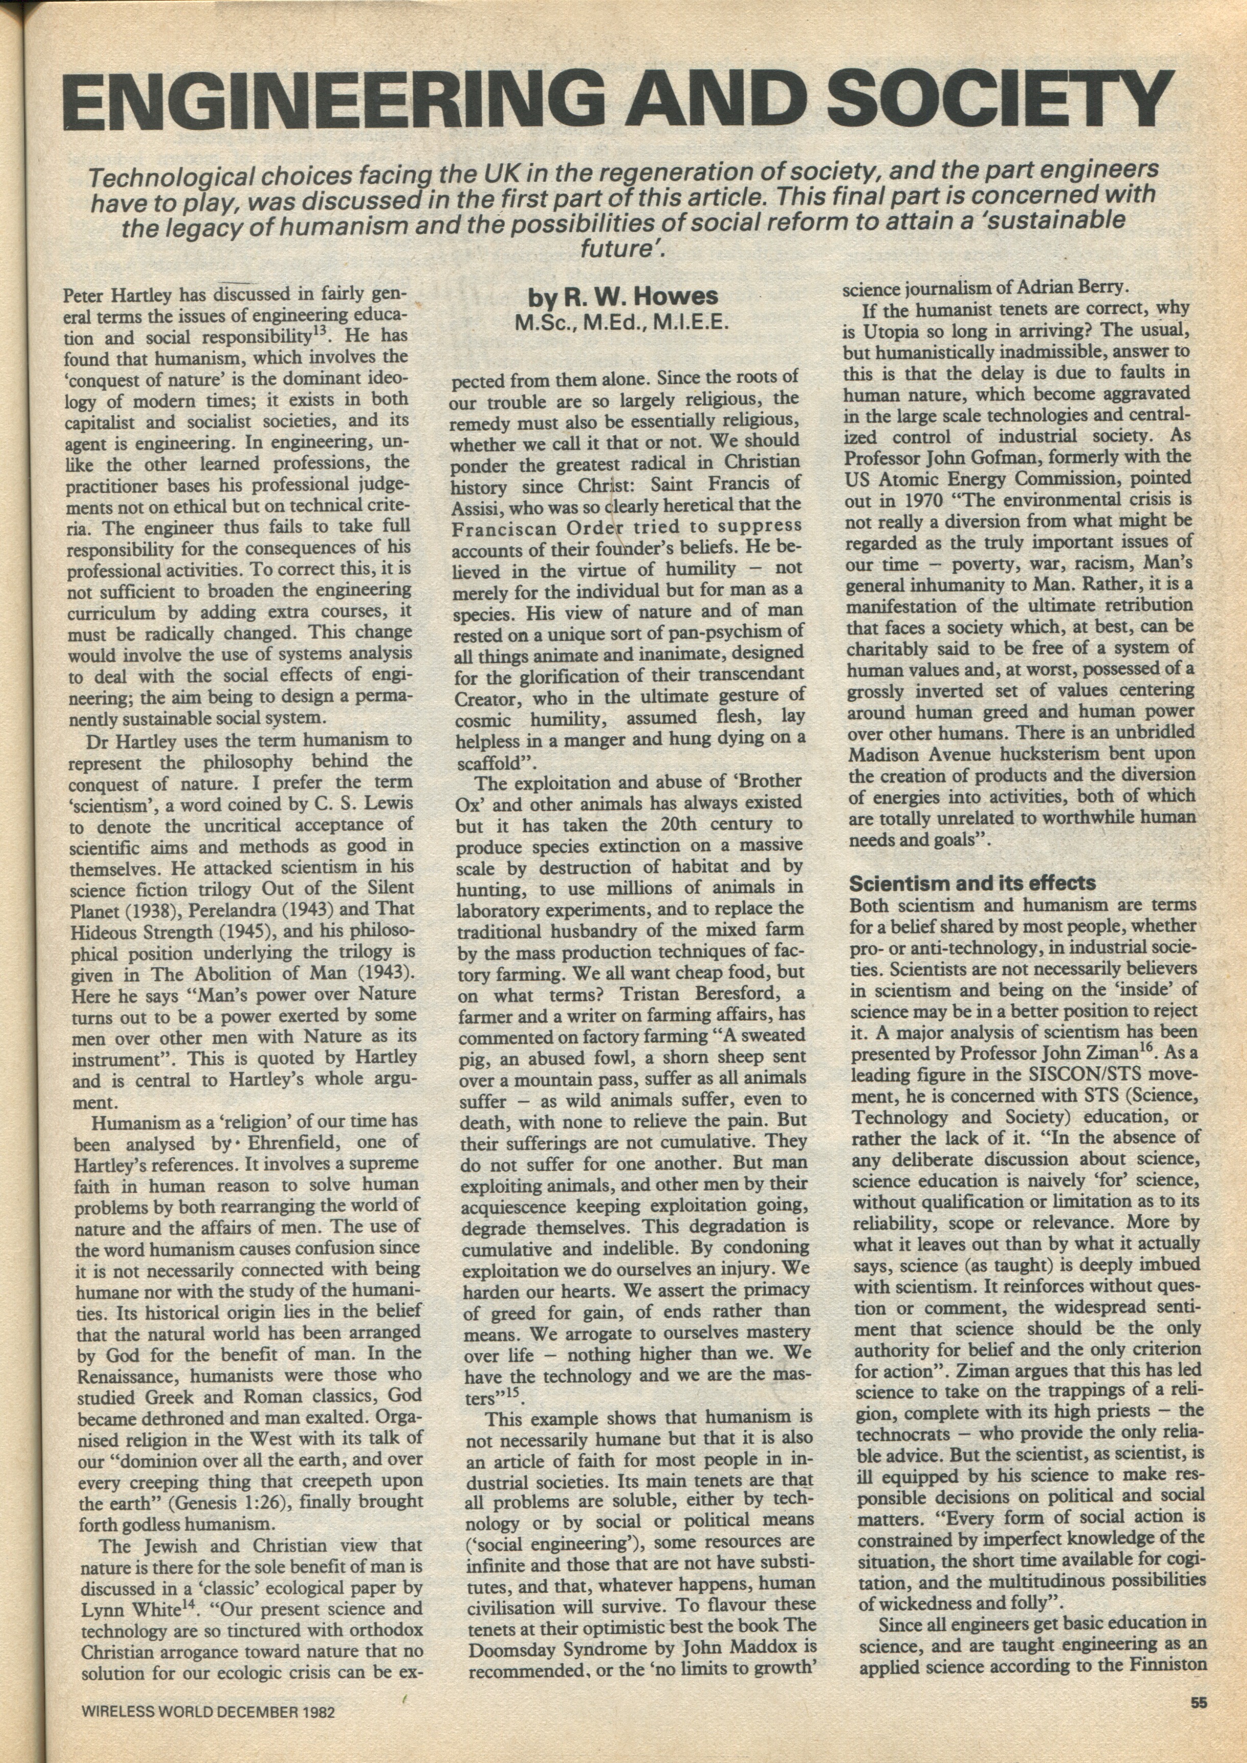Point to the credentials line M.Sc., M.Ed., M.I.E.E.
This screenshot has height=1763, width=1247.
pyautogui.click(x=621, y=323)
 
